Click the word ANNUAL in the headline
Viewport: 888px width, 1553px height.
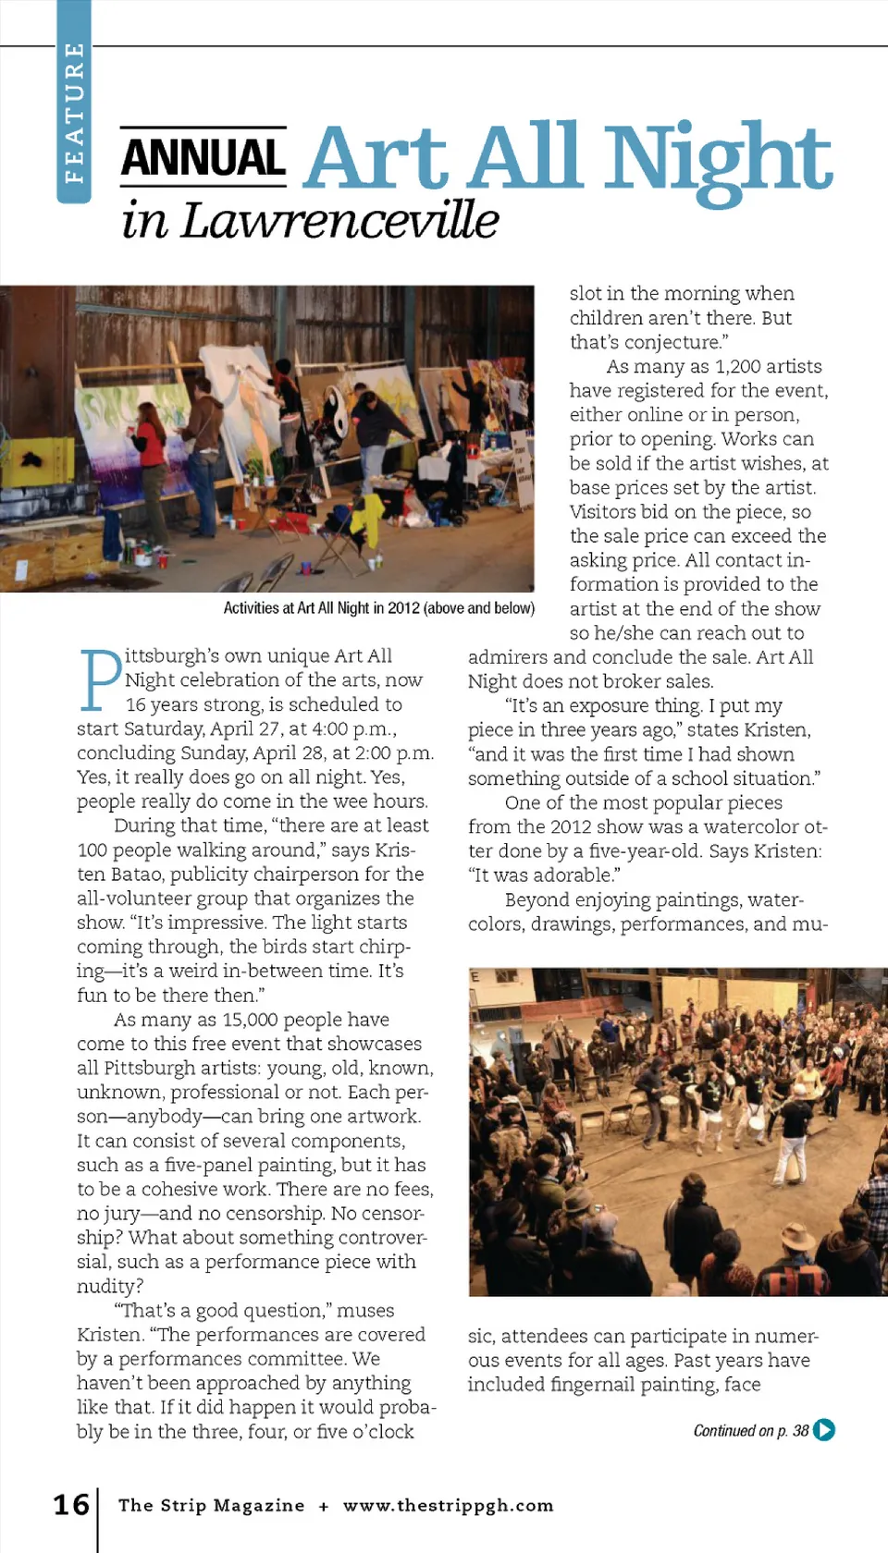[x=203, y=158]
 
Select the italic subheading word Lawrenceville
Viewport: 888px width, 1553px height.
[x=339, y=221]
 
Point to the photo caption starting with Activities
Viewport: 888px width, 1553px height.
[x=378, y=608]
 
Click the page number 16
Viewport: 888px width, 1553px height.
[x=71, y=1504]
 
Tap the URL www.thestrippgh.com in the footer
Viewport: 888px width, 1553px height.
[x=448, y=1505]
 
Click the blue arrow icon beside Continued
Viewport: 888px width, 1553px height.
[x=823, y=1430]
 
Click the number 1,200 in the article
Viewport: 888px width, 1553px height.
[x=743, y=366]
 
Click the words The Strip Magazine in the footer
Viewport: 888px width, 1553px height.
[x=211, y=1505]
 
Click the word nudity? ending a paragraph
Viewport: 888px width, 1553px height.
[x=110, y=1287]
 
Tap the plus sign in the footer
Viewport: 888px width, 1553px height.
[x=324, y=1506]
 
